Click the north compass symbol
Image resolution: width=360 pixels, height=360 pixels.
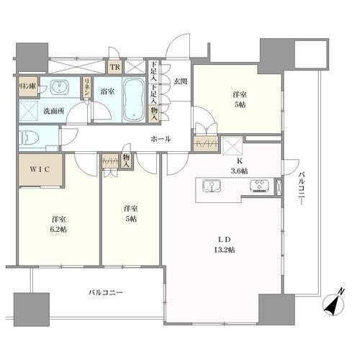(x=333, y=304)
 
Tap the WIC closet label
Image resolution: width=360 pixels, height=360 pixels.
(x=40, y=169)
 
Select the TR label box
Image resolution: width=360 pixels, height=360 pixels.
(x=115, y=67)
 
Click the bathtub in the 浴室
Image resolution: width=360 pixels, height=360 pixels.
(x=135, y=99)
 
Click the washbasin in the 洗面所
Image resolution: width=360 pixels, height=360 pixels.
(x=60, y=87)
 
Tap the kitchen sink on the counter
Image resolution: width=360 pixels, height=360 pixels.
(x=212, y=186)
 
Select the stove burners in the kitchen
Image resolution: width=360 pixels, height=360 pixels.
(x=259, y=186)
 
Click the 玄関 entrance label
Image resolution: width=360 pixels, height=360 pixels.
(x=180, y=81)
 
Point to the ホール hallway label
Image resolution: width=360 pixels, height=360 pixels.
(x=161, y=139)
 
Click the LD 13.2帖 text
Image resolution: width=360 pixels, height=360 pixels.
(x=225, y=245)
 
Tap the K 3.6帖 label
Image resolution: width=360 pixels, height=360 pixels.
(x=239, y=166)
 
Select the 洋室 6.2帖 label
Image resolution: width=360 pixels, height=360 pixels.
(x=59, y=225)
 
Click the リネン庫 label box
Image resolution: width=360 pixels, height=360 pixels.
(x=28, y=86)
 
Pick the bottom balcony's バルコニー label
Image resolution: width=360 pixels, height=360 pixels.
(x=106, y=292)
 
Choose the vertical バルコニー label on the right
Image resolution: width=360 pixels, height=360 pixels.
(x=302, y=189)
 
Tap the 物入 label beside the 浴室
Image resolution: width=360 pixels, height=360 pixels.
(x=154, y=114)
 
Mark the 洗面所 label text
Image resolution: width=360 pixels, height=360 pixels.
(x=54, y=112)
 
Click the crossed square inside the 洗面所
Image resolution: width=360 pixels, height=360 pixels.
(x=29, y=111)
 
